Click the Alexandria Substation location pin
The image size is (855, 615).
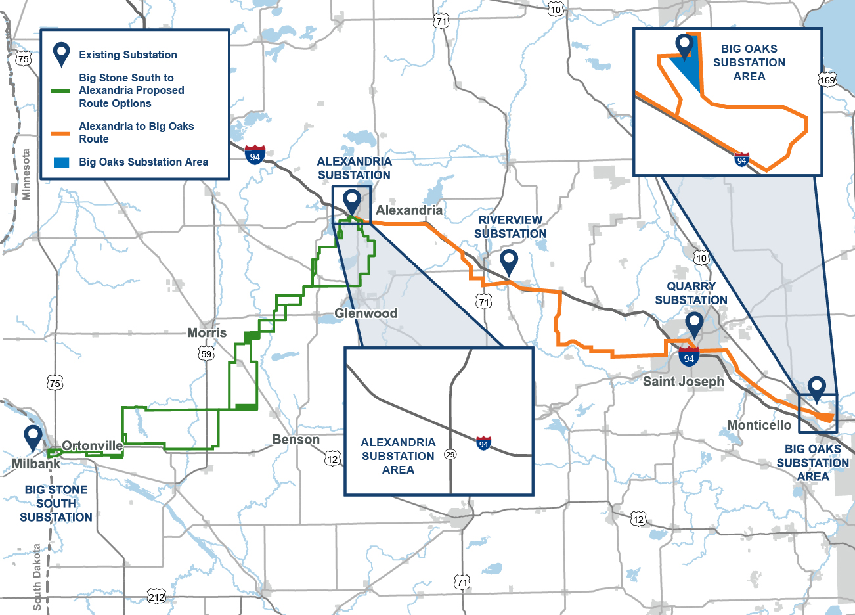tap(353, 200)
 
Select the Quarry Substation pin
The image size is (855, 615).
tap(694, 323)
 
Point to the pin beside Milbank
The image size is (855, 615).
tap(33, 436)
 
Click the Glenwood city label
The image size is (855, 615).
tap(366, 313)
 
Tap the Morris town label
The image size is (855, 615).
tap(207, 333)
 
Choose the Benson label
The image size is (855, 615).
tap(296, 440)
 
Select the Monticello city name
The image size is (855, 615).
tap(759, 425)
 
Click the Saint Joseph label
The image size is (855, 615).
tap(684, 382)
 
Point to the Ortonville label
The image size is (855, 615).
tap(93, 446)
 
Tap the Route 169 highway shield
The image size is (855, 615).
tap(827, 80)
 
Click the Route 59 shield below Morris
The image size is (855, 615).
tap(206, 353)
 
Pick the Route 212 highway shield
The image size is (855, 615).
tap(156, 597)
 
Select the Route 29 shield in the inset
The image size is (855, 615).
tap(450, 454)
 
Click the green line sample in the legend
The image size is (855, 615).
tap(60, 91)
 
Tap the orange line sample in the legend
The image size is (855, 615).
tap(60, 133)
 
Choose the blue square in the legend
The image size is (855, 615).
tap(61, 162)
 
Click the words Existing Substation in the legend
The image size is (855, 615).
tap(128, 55)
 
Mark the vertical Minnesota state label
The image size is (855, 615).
tap(26, 175)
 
